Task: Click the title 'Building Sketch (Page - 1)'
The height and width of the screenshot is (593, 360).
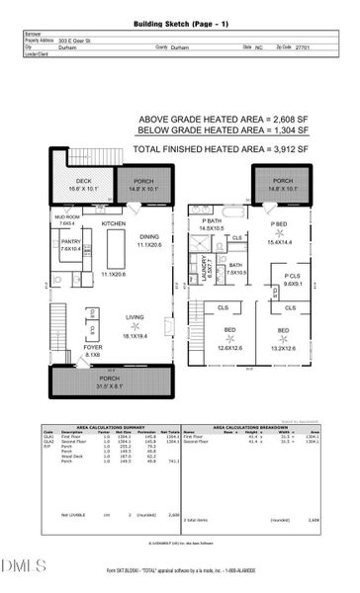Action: (180, 21)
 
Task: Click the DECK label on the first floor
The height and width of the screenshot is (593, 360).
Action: (84, 181)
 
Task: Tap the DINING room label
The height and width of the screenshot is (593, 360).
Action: (148, 237)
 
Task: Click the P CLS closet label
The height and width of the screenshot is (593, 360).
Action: (292, 276)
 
